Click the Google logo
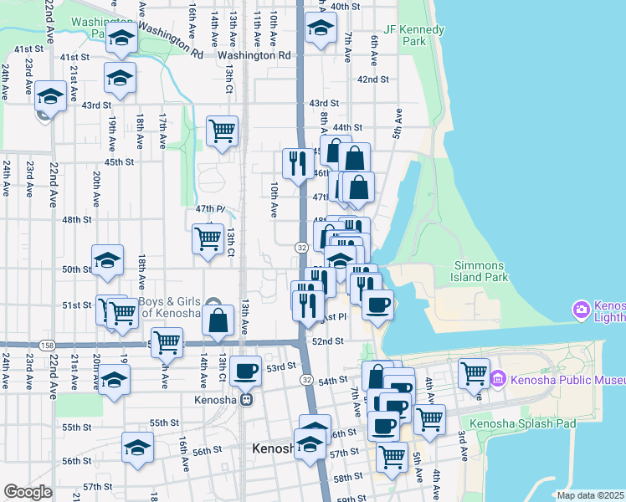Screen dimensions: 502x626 28,492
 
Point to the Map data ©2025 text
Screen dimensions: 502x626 591,495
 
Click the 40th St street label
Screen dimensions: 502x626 345,6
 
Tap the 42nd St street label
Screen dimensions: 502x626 373,79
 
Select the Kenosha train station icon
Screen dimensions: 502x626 246,399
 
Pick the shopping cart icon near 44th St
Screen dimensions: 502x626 222,130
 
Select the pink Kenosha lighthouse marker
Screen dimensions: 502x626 581,311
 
